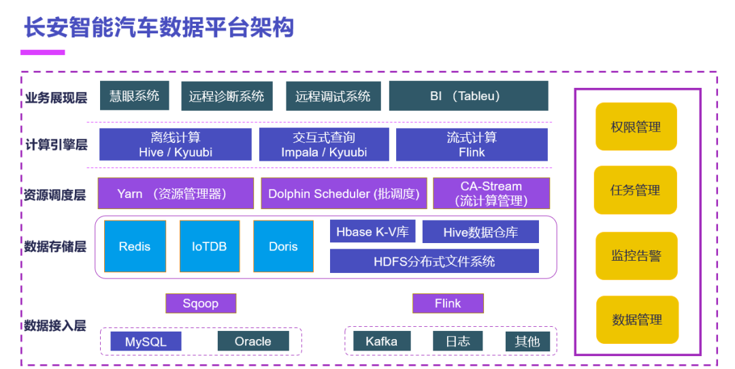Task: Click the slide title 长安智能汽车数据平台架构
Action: [x=159, y=27]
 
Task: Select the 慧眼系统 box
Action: [x=134, y=96]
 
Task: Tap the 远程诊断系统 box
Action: [x=227, y=96]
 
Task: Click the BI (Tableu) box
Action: [x=468, y=96]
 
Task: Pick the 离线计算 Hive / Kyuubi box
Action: [x=175, y=144]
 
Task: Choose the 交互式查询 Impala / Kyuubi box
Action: [x=324, y=144]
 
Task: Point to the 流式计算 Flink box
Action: [x=472, y=144]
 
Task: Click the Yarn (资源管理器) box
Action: [x=176, y=193]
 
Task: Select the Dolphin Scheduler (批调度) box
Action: [x=344, y=193]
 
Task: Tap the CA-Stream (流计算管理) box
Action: [x=491, y=193]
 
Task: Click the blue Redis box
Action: [x=135, y=246]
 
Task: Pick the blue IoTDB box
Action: [x=209, y=246]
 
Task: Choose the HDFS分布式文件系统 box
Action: [x=434, y=261]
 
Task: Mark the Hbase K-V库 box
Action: [x=372, y=231]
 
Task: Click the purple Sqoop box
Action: [x=201, y=303]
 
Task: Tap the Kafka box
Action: [x=381, y=341]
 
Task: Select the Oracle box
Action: [x=252, y=341]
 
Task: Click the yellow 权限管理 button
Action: [x=636, y=127]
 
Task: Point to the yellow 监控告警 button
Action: [x=636, y=256]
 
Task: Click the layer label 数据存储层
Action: [x=55, y=246]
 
